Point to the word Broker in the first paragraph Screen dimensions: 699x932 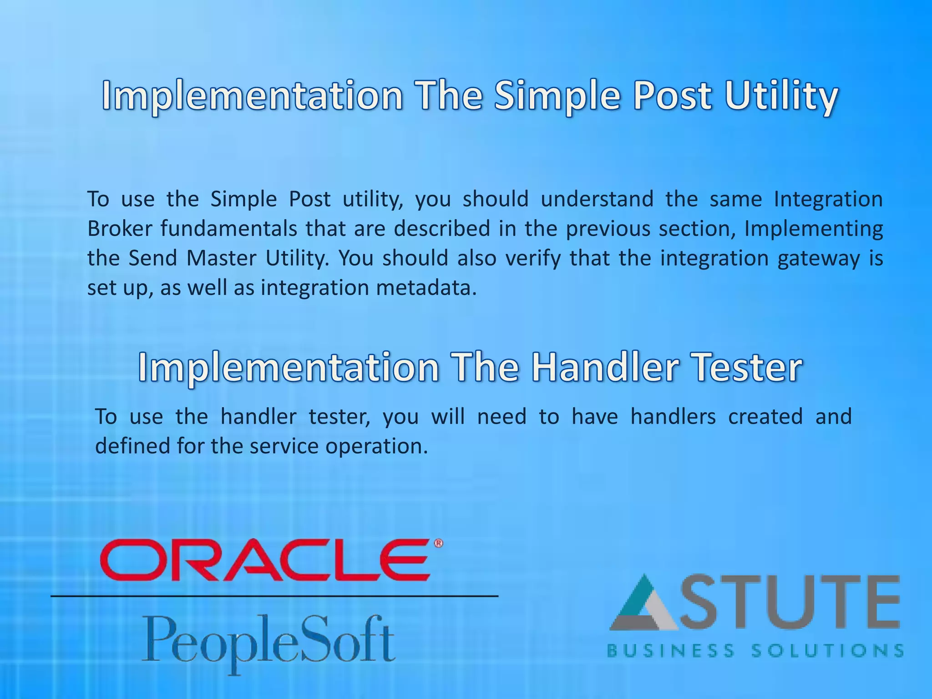click(x=119, y=228)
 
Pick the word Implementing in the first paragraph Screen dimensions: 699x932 click(x=813, y=229)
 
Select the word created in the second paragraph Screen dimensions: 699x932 click(x=765, y=416)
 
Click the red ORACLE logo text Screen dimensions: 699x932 click(x=265, y=560)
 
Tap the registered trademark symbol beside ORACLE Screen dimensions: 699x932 click(x=438, y=543)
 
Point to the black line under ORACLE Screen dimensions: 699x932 click(x=274, y=596)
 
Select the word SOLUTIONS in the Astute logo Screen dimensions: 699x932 click(x=827, y=651)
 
